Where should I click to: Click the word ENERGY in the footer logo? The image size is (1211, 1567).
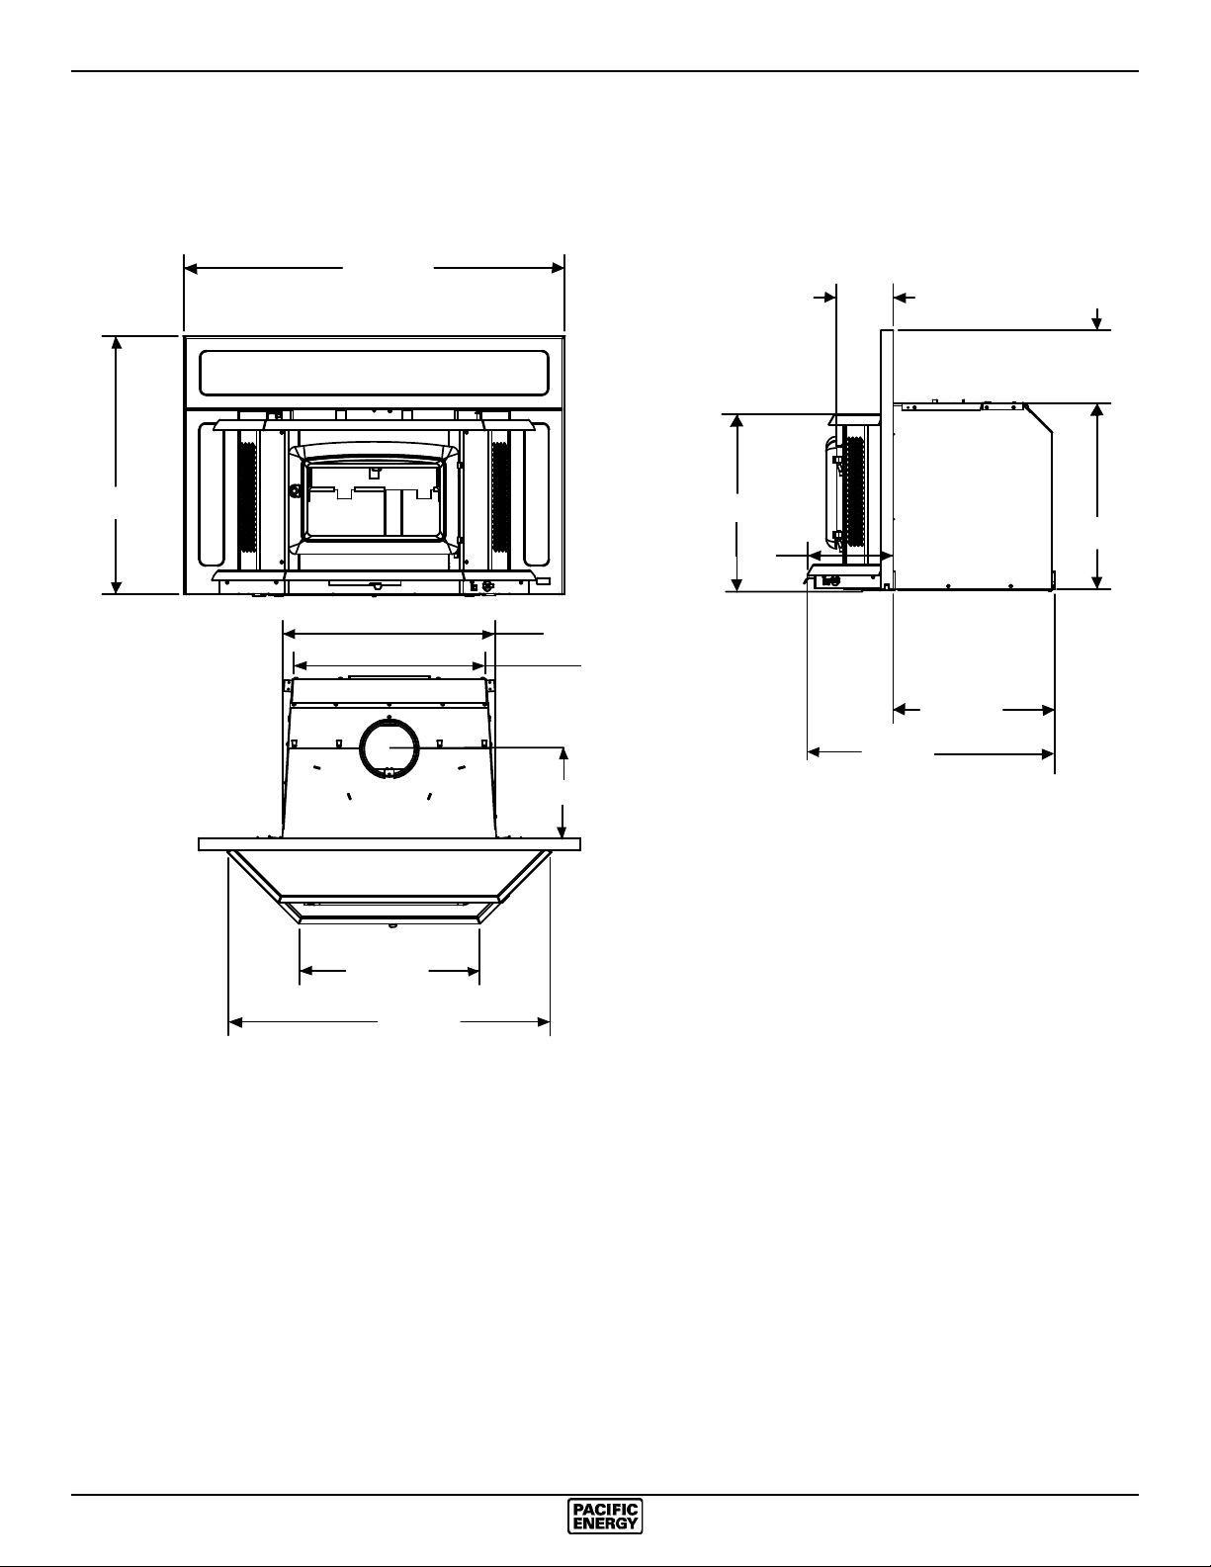tap(605, 1523)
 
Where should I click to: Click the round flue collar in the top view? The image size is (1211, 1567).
tap(389, 748)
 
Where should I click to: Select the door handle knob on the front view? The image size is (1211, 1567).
tap(295, 491)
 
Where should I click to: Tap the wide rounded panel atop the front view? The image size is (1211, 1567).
tap(374, 373)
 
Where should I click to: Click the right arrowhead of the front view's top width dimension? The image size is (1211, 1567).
tap(558, 268)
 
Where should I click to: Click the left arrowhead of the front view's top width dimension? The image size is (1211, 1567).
tap(190, 268)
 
